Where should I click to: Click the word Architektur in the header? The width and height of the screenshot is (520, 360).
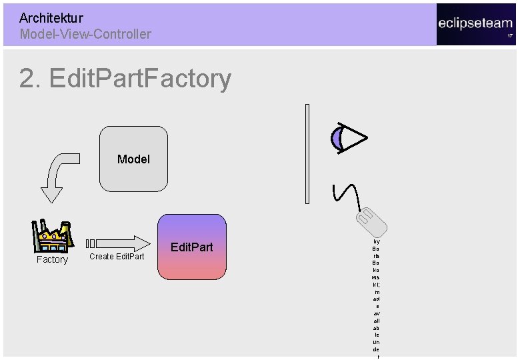(x=51, y=18)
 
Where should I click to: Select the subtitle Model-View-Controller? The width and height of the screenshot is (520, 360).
(x=85, y=34)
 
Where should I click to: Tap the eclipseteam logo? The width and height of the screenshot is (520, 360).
(x=475, y=23)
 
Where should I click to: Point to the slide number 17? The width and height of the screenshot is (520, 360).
(x=510, y=35)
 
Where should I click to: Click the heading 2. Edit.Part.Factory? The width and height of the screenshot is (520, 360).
(x=125, y=79)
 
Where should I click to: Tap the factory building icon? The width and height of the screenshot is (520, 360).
(x=51, y=235)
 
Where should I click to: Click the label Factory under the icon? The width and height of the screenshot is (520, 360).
(x=52, y=259)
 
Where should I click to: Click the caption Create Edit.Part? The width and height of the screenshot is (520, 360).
(x=117, y=257)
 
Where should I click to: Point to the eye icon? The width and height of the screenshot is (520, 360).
(x=349, y=138)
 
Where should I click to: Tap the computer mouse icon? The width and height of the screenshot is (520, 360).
(x=370, y=221)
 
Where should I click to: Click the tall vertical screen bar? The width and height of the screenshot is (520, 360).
(x=307, y=153)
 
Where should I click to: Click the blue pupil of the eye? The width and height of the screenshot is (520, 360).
(x=337, y=138)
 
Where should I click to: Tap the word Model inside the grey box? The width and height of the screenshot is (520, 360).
(x=133, y=159)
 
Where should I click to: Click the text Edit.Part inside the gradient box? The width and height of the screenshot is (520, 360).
(x=192, y=247)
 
